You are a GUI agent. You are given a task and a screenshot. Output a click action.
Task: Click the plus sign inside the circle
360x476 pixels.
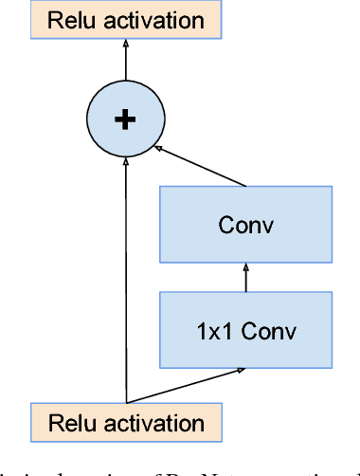coord(125,119)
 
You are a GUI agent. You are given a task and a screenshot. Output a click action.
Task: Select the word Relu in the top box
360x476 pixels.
coord(67,20)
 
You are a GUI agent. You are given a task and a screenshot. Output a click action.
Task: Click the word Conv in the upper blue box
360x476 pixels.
coord(245,225)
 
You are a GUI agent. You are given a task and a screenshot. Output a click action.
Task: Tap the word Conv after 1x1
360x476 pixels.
coord(268,331)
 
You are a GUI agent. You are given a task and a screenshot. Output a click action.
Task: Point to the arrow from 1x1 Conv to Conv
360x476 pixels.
coord(245,279)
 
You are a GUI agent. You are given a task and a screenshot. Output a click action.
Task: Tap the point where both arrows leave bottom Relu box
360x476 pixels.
coord(126,401)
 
